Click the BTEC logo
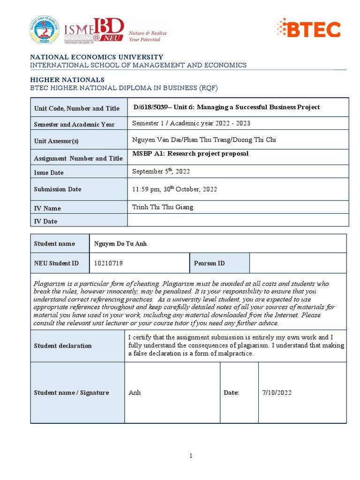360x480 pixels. [307, 29]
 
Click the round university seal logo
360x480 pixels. [44, 30]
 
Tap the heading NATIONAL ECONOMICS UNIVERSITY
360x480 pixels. [97, 57]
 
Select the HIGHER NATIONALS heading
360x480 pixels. [67, 80]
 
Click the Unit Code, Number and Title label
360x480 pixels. [77, 108]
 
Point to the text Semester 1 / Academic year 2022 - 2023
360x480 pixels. [191, 123]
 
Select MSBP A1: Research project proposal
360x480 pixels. [191, 154]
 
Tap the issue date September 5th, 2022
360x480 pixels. [161, 172]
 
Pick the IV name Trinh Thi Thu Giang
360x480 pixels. [163, 207]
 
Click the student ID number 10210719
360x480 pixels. [109, 263]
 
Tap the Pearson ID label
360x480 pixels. [209, 263]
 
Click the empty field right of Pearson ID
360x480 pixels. [298, 263]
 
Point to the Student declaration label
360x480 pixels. [63, 346]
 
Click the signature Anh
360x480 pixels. [135, 393]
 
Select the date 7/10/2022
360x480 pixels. [277, 393]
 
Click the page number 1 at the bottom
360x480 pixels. [191, 456]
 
